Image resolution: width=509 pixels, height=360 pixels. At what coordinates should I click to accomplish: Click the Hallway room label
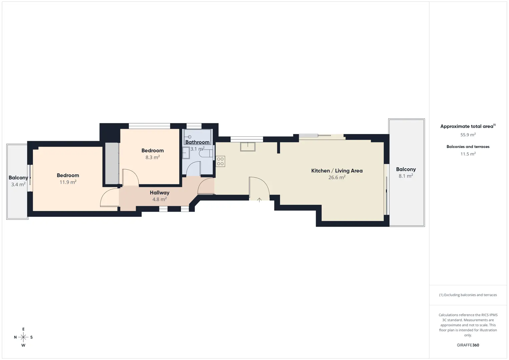159,193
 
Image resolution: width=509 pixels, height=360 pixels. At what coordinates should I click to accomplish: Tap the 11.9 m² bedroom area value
68,182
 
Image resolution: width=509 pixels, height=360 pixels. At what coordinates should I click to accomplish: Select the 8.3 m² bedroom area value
152,157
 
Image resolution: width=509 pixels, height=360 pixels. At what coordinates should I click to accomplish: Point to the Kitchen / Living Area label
337,171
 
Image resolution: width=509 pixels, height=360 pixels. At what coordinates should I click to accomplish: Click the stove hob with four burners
220,161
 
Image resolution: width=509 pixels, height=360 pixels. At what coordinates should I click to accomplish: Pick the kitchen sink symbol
248,147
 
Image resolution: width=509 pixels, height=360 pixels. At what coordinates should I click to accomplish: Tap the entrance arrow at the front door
259,200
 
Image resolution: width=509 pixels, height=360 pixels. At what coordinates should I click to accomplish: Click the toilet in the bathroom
206,154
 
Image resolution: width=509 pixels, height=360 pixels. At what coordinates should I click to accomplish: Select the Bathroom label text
197,142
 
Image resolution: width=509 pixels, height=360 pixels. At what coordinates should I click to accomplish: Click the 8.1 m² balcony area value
406,176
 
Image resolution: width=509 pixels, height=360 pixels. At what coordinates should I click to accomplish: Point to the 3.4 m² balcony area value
18,184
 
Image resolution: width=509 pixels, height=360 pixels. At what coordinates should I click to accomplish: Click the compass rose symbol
23,337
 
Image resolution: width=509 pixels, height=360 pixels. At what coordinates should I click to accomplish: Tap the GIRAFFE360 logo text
468,345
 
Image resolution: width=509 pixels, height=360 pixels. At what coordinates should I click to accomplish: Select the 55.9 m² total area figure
468,135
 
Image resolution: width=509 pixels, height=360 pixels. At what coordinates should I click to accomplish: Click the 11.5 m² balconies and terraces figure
468,154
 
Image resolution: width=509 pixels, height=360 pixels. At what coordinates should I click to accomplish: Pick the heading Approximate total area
468,126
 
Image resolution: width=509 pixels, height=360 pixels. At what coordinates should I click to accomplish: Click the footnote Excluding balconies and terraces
468,295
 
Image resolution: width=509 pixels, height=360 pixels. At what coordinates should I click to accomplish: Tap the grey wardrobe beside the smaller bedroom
112,163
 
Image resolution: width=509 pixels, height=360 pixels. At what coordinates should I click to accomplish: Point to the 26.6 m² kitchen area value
337,177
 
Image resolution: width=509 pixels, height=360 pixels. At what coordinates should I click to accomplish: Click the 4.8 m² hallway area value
159,199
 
